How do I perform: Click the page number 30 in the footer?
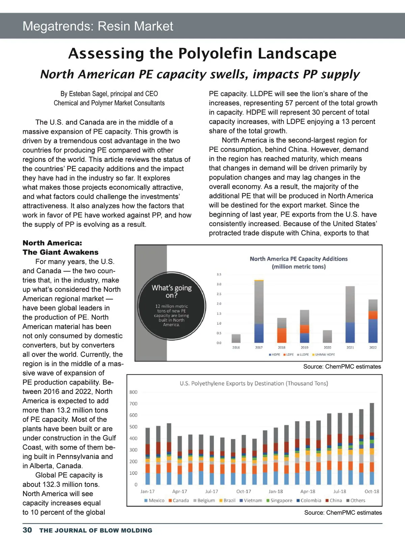pos(27,530)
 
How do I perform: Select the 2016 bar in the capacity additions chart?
pos(236,338)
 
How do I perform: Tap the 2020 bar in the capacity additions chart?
pos(327,336)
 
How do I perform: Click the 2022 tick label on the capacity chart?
pos(373,347)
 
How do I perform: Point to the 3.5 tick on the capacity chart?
pos(219,274)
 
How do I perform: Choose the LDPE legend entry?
pos(288,355)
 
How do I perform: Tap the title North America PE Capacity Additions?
pos(299,259)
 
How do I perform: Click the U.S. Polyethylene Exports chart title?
pos(254,383)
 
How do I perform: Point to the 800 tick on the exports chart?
pos(133,392)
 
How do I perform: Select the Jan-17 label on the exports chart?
pos(147,491)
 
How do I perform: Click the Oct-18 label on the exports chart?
pos(372,491)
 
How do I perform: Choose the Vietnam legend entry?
pos(251,501)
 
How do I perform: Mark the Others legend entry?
pos(356,501)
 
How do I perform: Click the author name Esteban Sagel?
pos(89,94)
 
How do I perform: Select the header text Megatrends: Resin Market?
pos(98,26)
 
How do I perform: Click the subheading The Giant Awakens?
pos(61,252)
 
